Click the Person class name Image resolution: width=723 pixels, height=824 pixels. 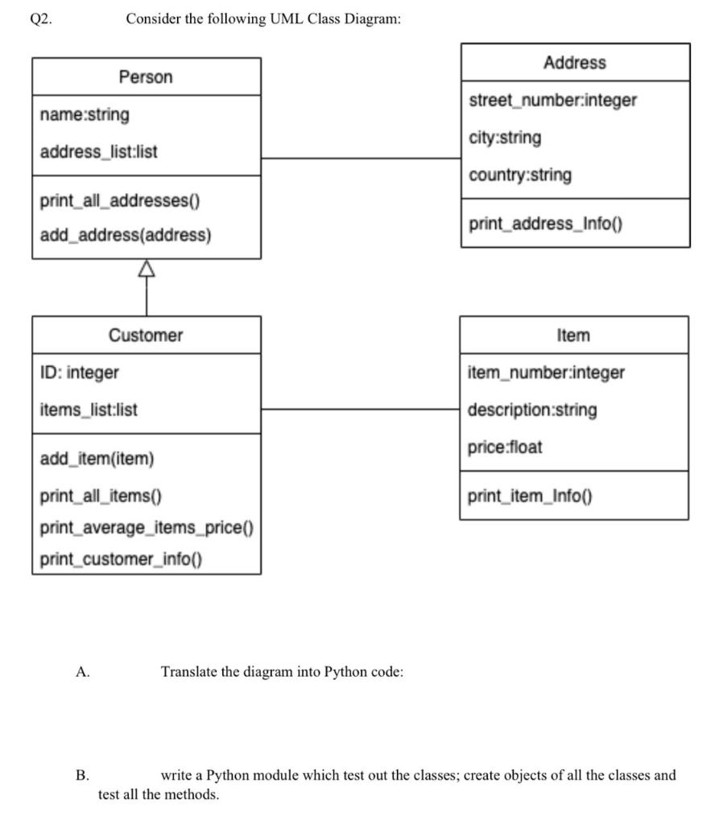146,77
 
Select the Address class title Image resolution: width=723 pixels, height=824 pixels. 574,63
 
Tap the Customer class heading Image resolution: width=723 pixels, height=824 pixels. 146,335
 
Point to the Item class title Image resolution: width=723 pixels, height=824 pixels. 573,335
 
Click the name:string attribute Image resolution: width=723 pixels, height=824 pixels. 85,115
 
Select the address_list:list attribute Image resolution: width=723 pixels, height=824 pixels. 98,151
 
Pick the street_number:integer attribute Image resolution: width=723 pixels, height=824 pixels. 552,101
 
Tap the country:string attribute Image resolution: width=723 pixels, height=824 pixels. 520,175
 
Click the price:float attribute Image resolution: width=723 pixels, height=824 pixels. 505,447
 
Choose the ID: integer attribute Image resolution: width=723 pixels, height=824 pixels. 79,373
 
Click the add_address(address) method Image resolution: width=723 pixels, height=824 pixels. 126,236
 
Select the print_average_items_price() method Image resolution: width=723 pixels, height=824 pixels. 147,528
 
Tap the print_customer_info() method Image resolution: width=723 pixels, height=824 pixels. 121,559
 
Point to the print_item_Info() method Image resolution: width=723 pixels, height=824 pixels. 530,496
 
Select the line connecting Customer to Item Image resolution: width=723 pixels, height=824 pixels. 360,410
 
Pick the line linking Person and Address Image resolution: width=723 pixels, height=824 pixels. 360,159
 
